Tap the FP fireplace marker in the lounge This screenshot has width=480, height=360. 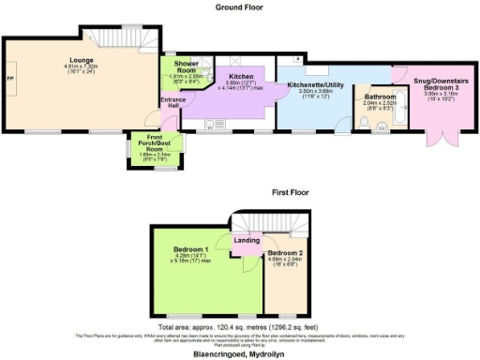coord(11,77)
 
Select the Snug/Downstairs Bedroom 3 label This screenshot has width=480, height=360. coord(440,84)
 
